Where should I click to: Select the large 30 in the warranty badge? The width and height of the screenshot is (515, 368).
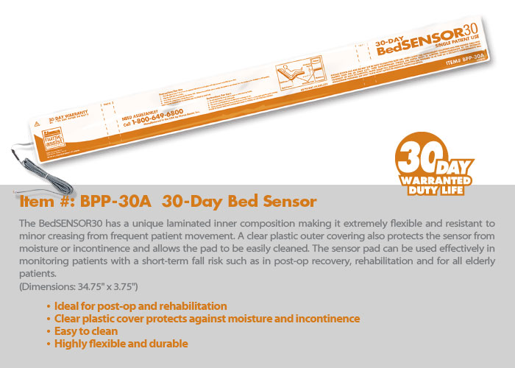[x=417, y=153]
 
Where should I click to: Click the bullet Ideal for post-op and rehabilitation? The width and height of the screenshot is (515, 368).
[x=141, y=305]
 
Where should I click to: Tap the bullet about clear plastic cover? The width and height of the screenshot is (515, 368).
[x=207, y=319]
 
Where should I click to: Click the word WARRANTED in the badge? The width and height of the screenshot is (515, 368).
[x=437, y=180]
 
